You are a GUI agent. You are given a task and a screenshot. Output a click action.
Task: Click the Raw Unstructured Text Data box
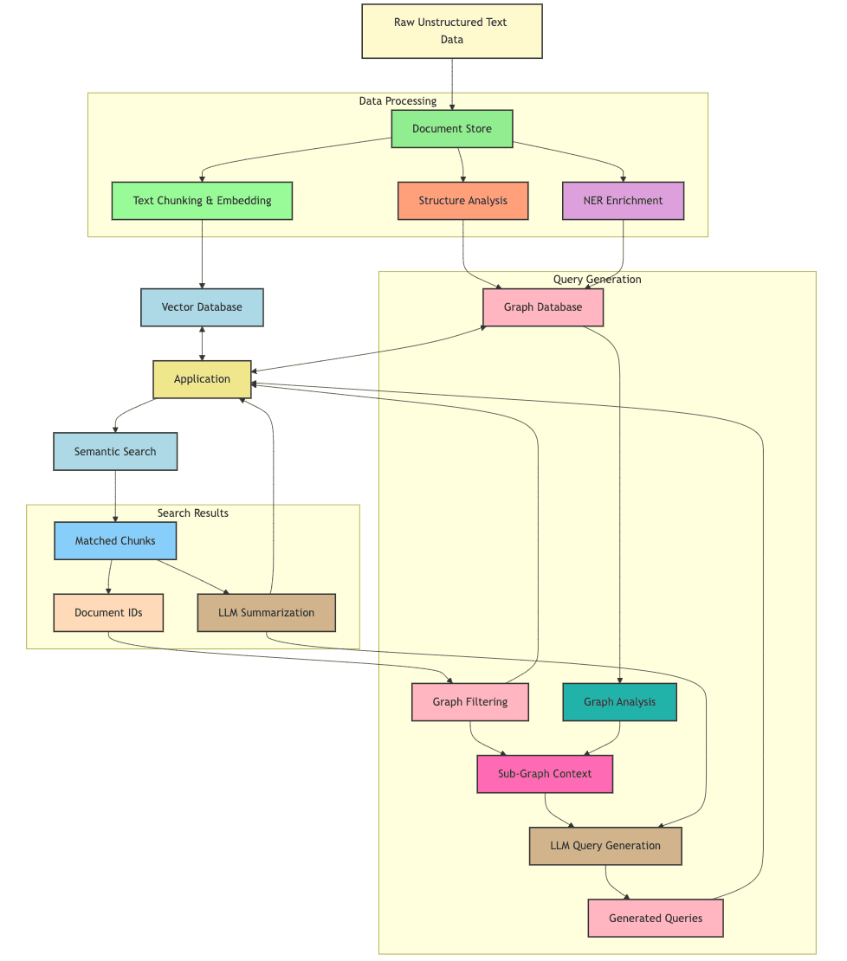click(x=451, y=31)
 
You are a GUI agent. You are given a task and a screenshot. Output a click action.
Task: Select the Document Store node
click(x=451, y=129)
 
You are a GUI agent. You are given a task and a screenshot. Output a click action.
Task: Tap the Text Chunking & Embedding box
click(x=202, y=201)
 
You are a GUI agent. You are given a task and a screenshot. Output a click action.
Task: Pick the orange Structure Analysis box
click(x=462, y=201)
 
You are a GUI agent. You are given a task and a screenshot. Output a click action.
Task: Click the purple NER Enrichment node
click(x=623, y=201)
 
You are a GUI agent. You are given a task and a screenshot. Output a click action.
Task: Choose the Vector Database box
click(x=202, y=307)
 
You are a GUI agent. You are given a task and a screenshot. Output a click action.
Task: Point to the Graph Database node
click(x=543, y=307)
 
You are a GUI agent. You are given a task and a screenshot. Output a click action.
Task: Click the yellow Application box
click(x=202, y=379)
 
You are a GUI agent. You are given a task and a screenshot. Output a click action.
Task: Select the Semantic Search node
click(x=115, y=451)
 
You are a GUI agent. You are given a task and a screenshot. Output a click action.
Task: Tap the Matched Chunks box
click(x=115, y=541)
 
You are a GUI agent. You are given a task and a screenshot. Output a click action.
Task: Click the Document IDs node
click(x=108, y=613)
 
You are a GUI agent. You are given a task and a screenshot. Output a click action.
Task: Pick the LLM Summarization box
click(x=266, y=613)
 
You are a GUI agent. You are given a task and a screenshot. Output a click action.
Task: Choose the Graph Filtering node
click(x=470, y=702)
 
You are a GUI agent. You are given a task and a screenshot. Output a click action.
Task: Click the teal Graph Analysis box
click(x=619, y=702)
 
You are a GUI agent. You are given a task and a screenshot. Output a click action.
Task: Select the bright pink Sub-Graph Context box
click(x=545, y=774)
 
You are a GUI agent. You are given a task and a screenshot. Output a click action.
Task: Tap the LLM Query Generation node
click(x=605, y=846)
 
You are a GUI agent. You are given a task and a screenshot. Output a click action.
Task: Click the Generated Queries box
click(x=656, y=918)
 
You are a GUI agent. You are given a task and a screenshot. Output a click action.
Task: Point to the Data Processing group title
click(x=398, y=101)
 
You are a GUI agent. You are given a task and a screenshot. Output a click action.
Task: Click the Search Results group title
click(x=193, y=513)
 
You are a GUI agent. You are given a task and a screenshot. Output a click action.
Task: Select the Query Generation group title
click(x=598, y=280)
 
